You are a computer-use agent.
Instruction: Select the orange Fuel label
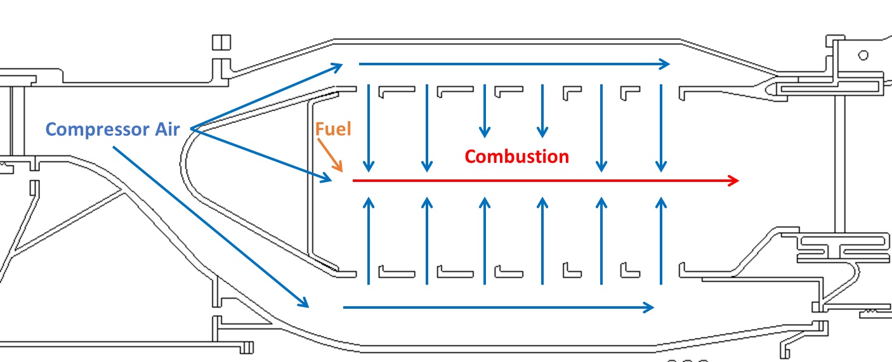332,129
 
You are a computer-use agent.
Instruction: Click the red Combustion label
516,156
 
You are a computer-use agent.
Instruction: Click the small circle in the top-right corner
863,55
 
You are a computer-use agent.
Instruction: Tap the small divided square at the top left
221,42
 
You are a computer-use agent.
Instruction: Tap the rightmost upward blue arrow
661,241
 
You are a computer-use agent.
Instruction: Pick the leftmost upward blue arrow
369,241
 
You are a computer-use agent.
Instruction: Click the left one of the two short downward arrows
485,111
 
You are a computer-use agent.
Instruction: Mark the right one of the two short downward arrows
542,111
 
